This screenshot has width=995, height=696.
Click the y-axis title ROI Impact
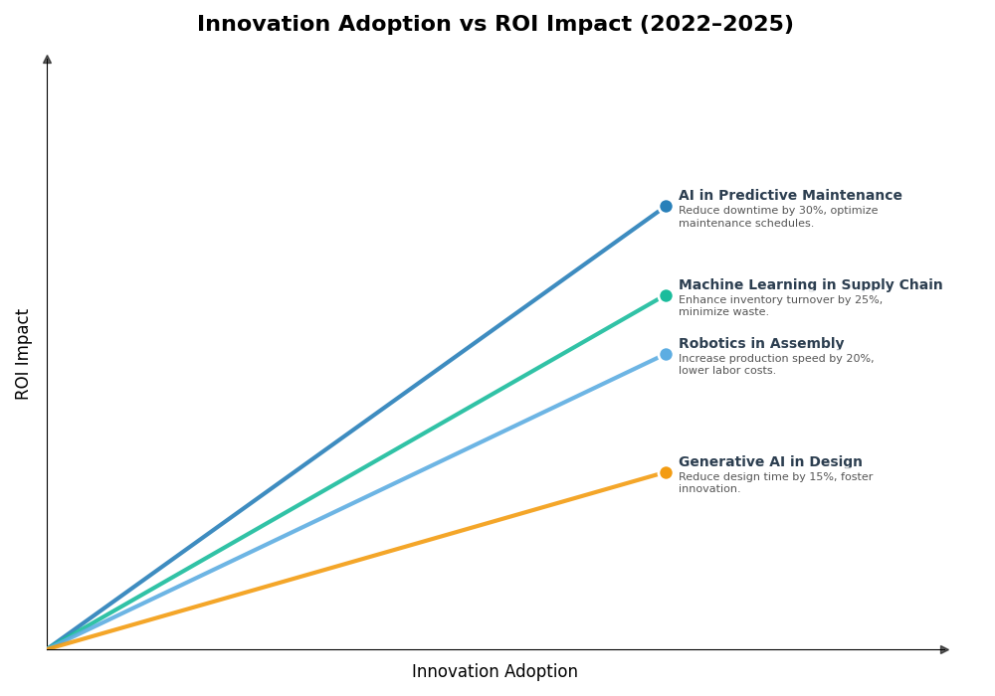[x=23, y=354]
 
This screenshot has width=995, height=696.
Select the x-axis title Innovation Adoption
[x=495, y=672]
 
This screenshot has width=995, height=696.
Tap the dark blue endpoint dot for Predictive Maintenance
[x=666, y=207]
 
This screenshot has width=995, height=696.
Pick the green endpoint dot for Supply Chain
[x=666, y=296]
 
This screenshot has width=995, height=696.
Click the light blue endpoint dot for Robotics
[x=666, y=355]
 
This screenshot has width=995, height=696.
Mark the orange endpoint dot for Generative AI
[x=666, y=473]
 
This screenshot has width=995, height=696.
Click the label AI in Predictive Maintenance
[x=790, y=196]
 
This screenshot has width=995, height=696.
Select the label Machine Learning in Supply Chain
[x=810, y=285]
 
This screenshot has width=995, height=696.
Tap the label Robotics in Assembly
[x=761, y=344]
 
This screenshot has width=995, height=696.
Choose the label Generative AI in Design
[x=770, y=462]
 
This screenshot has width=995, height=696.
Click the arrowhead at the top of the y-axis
[x=47, y=60]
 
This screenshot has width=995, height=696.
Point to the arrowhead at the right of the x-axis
[x=944, y=650]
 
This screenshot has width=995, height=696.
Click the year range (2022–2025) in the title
[x=715, y=25]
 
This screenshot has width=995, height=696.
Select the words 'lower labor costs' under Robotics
[x=726, y=371]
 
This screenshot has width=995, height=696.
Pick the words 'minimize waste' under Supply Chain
[x=722, y=312]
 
